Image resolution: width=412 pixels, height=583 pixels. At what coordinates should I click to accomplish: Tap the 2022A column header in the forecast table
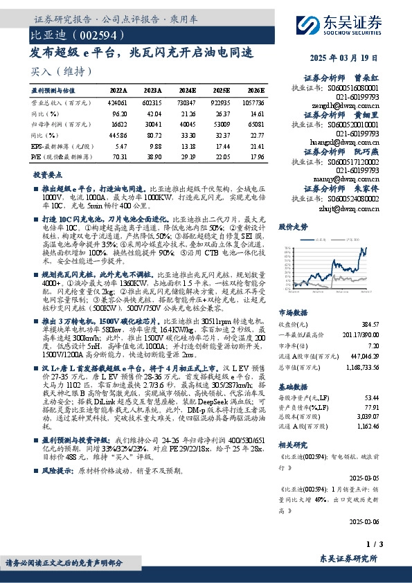(118, 91)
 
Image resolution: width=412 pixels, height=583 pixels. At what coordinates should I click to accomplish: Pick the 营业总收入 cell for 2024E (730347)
(188, 101)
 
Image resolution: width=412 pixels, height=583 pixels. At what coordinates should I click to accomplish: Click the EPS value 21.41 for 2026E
(256, 147)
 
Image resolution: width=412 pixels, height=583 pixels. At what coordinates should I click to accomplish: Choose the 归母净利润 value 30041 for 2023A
(153, 124)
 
